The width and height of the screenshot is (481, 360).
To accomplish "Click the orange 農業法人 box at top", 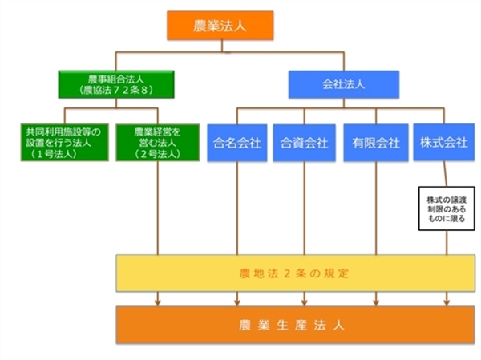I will tap(220, 25).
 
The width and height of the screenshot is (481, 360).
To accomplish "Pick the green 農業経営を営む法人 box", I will tap(157, 141).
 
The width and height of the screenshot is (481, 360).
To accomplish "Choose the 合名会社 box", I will tap(237, 143).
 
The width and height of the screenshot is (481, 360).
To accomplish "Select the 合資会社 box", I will tap(304, 143).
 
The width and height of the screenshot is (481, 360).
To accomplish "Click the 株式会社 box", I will tap(443, 141).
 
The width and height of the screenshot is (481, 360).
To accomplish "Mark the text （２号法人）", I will tap(157, 152).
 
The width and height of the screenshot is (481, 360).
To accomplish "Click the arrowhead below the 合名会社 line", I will tap(237, 301).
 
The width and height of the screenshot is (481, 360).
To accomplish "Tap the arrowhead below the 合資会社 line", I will tap(304, 301).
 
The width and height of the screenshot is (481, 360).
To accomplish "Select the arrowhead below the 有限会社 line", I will tap(375, 301).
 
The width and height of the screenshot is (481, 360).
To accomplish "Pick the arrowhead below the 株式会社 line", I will tap(446, 301).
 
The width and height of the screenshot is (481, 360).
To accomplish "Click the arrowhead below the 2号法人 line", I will tap(158, 301).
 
